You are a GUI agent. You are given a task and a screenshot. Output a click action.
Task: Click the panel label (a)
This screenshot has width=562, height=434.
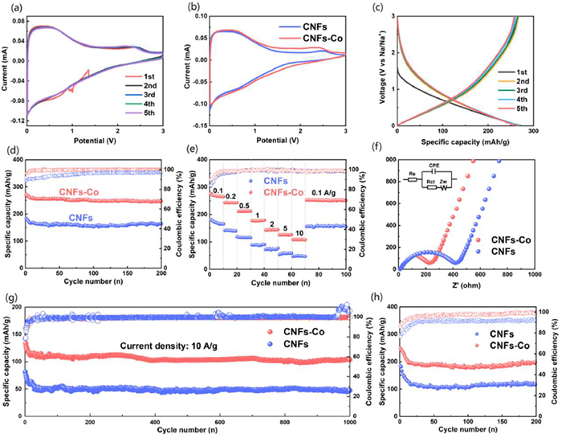(11, 8)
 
